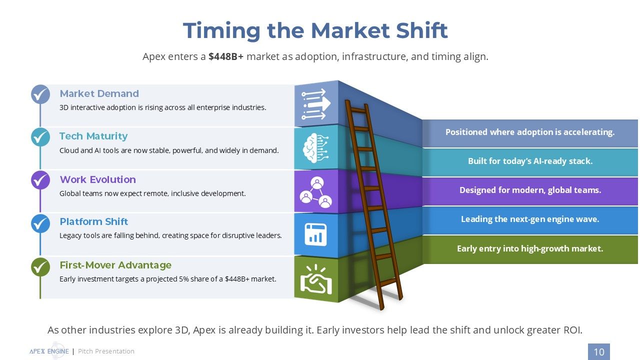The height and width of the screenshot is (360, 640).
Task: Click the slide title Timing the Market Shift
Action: pos(315,30)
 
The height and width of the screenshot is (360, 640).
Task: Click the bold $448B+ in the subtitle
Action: pos(225,56)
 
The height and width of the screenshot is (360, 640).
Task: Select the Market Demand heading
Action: pos(99,93)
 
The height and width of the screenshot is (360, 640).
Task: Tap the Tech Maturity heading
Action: pos(93,136)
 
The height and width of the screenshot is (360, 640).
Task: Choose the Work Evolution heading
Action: pos(97,179)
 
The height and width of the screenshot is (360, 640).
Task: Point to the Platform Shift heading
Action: pos(93,221)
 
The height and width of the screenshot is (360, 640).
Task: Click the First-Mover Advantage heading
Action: pos(115,265)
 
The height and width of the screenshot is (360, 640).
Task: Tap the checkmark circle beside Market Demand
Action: pos(40,94)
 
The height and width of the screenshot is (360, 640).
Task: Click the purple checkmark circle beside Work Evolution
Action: pos(40,180)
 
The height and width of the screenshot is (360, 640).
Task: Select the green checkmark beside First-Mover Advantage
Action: pos(40,267)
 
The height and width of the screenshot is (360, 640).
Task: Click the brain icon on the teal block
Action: pos(315,148)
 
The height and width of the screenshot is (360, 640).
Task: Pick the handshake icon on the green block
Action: pos(316,279)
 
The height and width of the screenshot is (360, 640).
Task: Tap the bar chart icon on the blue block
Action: pos(315,234)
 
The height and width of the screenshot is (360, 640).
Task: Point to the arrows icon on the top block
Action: pos(315,104)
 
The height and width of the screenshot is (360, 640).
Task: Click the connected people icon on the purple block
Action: pos(315,191)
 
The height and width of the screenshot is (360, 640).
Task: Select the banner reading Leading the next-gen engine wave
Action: pos(530,220)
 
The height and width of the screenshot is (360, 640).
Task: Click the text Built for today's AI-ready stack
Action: pos(530,161)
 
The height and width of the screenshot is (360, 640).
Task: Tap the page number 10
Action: pos(599,351)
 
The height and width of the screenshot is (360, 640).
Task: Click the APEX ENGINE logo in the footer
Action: pos(49,351)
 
